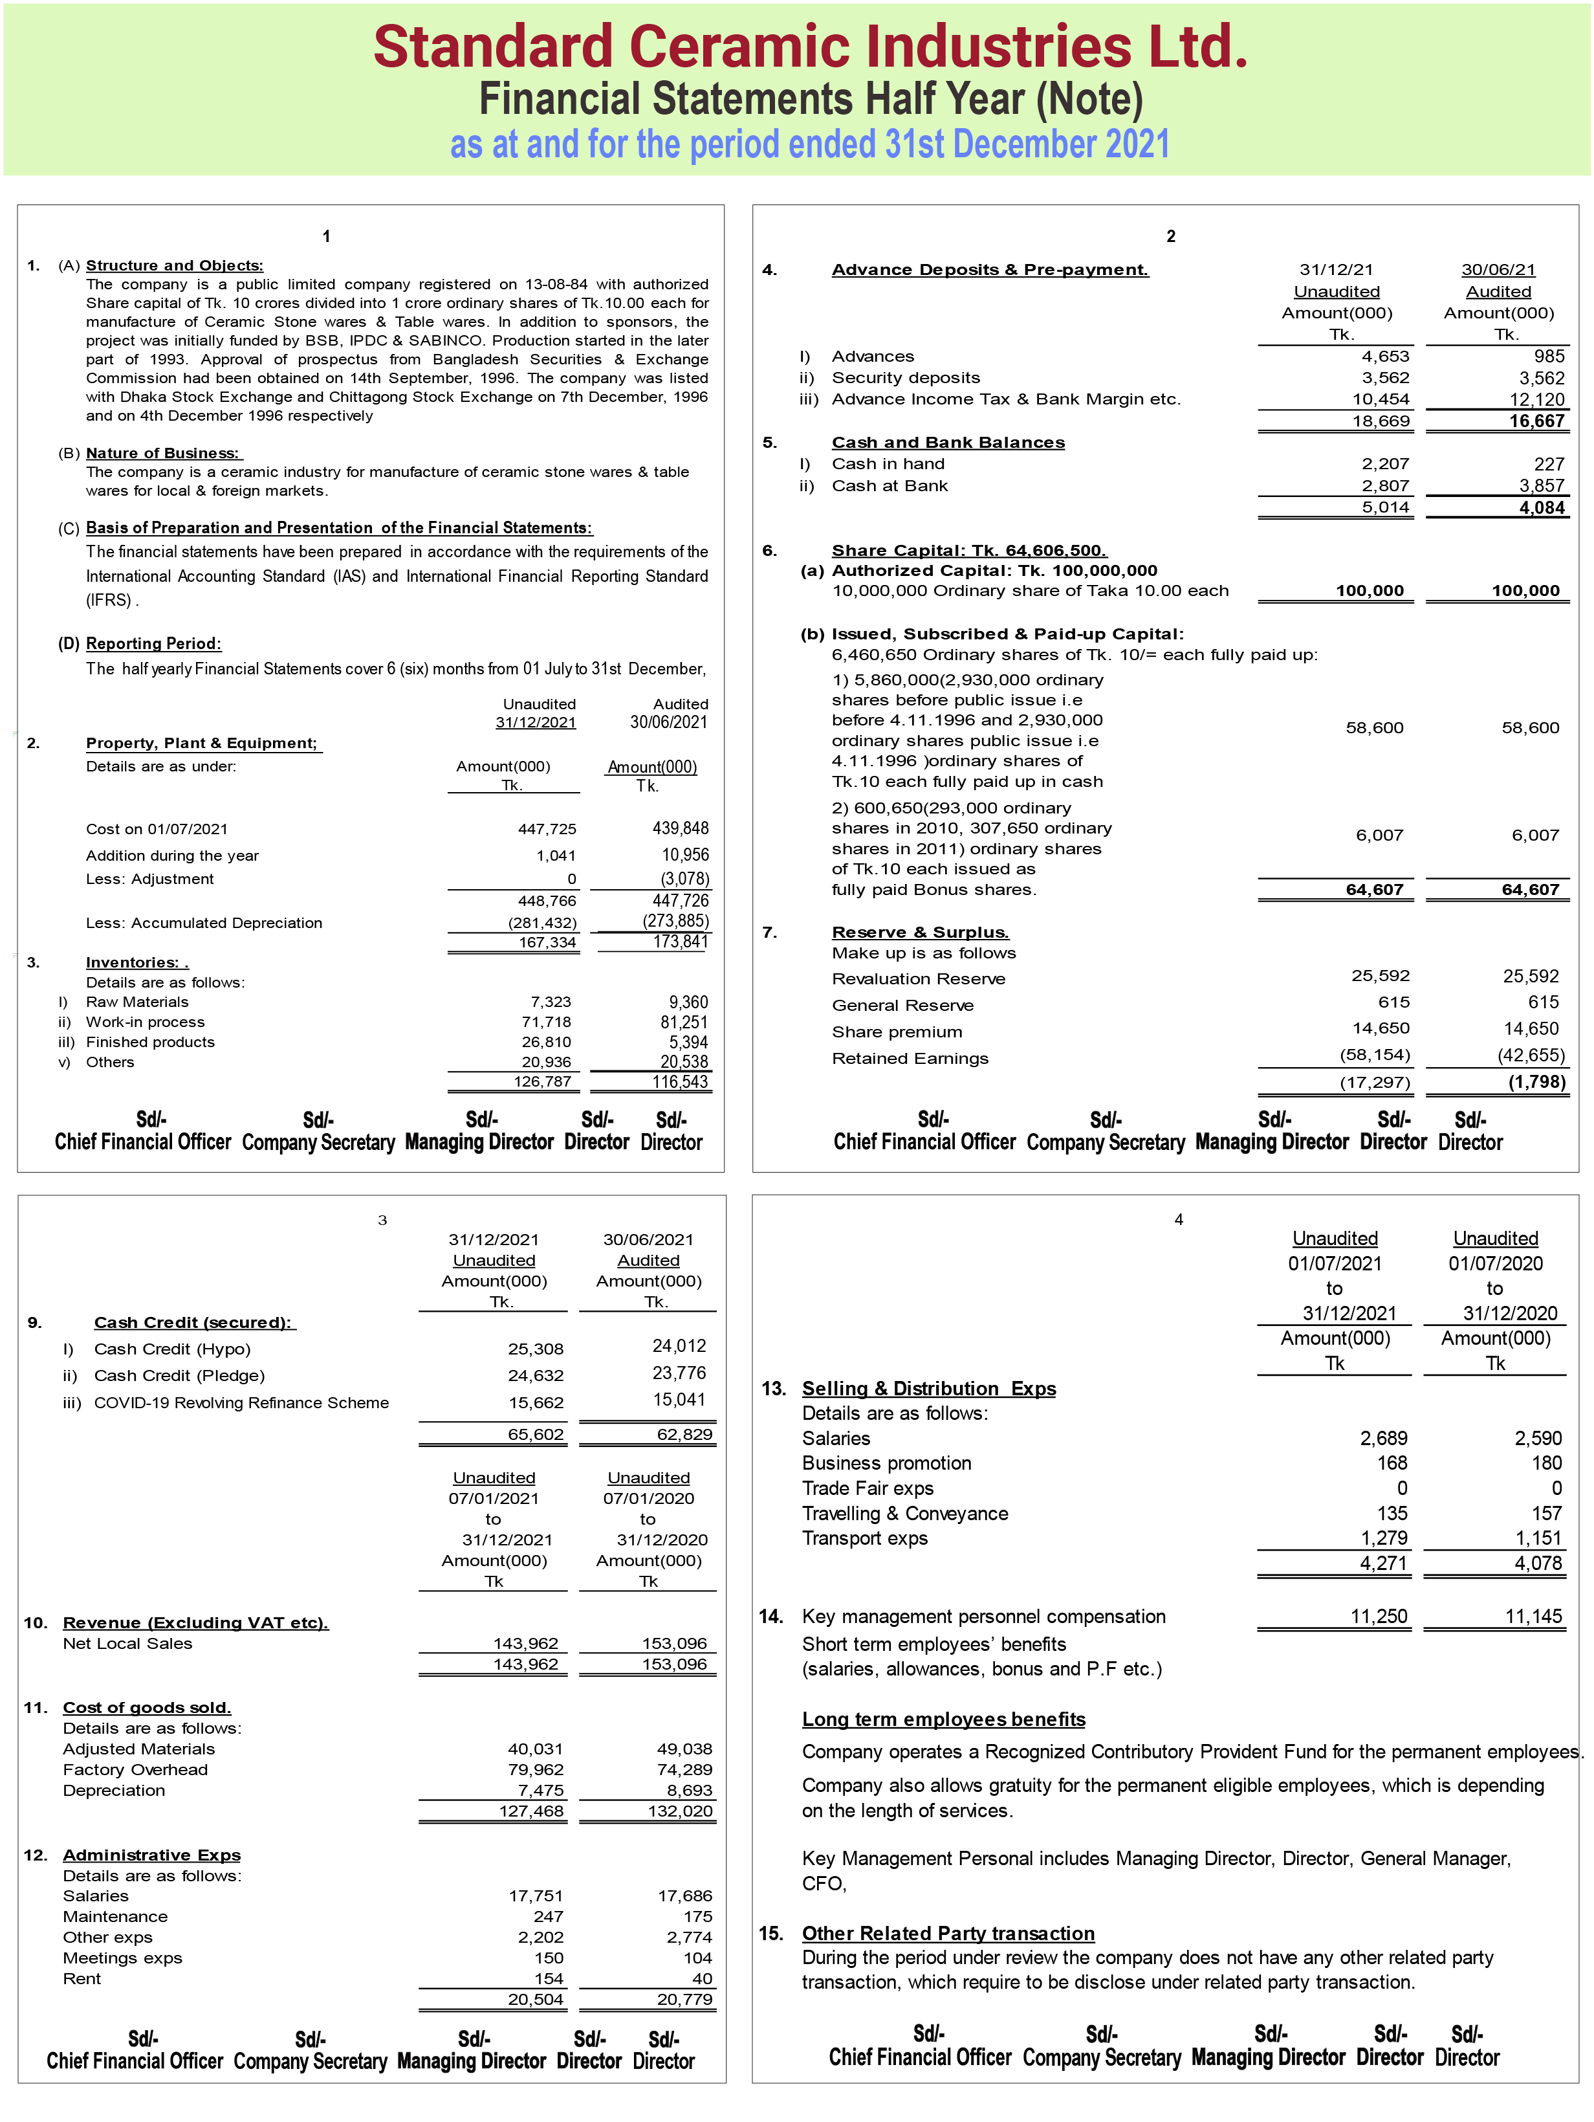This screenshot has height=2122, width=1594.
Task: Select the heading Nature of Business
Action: [x=162, y=453]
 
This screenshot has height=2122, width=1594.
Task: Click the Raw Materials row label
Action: [x=137, y=1002]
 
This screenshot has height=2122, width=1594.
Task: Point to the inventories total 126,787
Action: [x=542, y=1081]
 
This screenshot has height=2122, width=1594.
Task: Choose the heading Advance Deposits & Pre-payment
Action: [x=989, y=270]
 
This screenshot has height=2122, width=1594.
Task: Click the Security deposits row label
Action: [x=906, y=378]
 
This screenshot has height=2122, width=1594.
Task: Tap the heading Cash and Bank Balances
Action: [x=948, y=442]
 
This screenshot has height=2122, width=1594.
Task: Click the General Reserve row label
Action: [x=902, y=1006]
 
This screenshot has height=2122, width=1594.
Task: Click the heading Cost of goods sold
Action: [x=147, y=1708]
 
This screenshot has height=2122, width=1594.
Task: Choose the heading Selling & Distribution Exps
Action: [x=928, y=1388]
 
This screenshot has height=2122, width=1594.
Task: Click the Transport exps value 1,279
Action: [x=1383, y=1538]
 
